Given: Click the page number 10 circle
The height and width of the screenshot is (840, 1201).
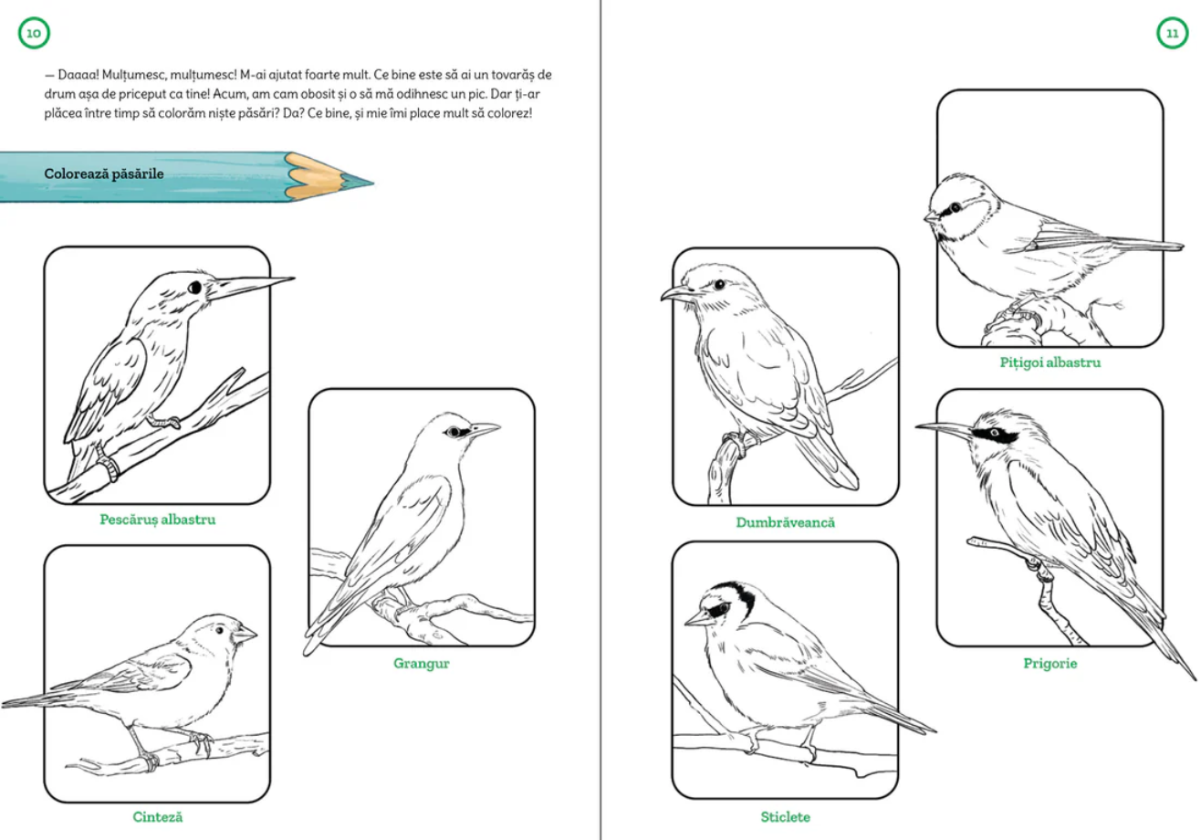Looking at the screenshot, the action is (x=34, y=33).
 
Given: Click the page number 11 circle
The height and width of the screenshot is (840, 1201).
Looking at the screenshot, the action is (x=1173, y=33).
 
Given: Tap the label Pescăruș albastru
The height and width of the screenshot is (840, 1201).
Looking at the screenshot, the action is (x=158, y=520).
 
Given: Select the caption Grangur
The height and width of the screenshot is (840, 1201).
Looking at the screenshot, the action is (x=422, y=664).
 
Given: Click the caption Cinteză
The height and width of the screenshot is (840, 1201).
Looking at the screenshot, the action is (x=158, y=817).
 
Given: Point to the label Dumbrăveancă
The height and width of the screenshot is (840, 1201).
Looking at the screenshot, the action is (x=786, y=522).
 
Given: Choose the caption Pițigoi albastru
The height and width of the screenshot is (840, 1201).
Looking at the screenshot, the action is (x=1050, y=362).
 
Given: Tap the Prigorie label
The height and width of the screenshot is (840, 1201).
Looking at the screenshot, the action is (x=1050, y=664).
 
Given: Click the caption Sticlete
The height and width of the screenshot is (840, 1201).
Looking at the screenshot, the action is (x=786, y=817).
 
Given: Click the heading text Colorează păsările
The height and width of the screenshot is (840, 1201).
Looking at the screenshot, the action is (x=104, y=173).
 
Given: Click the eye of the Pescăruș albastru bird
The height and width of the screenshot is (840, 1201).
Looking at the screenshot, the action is (x=195, y=288).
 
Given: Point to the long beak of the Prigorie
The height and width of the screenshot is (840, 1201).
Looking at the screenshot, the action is (x=944, y=428).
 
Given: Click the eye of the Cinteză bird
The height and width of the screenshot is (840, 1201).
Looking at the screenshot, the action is (x=220, y=630).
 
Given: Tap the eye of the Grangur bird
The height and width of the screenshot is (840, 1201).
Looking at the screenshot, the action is (x=454, y=432).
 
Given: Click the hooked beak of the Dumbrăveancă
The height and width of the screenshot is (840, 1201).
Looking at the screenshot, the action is (x=676, y=293).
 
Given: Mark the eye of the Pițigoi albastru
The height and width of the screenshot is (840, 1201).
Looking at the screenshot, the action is (x=956, y=207).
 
